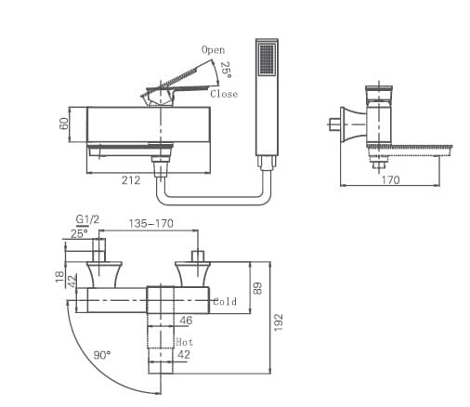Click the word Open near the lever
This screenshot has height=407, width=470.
point(213,49)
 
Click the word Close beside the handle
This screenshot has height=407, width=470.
point(224,94)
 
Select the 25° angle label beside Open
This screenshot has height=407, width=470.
point(226,69)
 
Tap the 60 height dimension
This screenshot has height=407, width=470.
point(65,125)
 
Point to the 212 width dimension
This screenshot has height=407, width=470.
point(131,180)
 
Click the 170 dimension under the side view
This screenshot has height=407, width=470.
point(390,180)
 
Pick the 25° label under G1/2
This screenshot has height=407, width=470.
point(80,233)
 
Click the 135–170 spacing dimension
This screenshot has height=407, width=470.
point(150,224)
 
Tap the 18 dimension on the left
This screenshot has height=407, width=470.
point(59,276)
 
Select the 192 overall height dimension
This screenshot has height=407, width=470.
point(279,321)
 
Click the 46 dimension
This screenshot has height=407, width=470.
point(185,321)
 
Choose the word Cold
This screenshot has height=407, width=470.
point(226,301)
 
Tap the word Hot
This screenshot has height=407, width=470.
point(184,342)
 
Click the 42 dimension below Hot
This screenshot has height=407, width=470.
point(184,354)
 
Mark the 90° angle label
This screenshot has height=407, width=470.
point(101,355)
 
